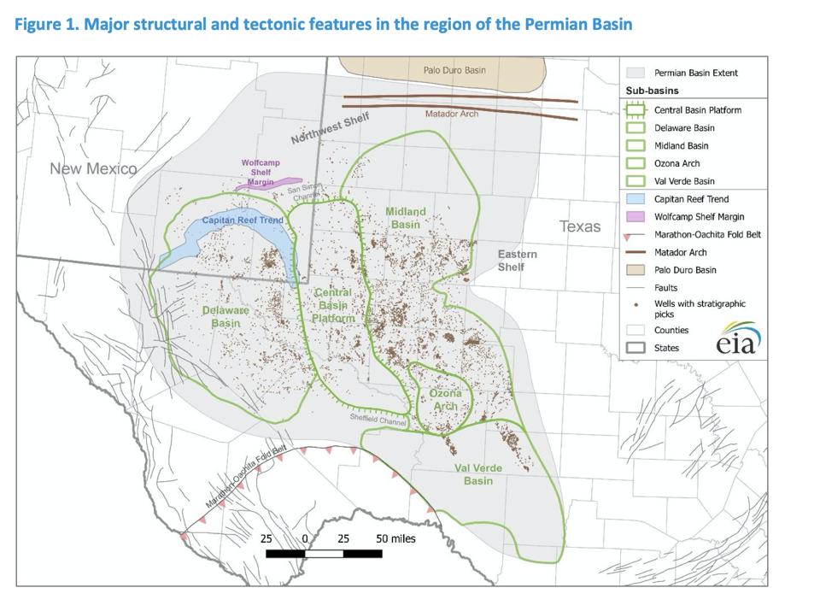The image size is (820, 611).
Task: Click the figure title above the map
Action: point(324,24)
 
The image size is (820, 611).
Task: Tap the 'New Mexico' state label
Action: point(93,168)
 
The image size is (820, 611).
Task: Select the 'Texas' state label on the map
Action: point(580,226)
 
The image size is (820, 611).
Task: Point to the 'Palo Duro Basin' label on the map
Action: point(454,70)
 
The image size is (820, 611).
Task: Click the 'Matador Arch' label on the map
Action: point(452,114)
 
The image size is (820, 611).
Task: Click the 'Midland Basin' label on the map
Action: point(406,218)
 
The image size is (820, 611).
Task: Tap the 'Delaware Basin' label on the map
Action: point(225,316)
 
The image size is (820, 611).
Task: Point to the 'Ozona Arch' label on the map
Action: point(445,399)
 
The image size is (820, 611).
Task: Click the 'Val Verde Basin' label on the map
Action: point(478,474)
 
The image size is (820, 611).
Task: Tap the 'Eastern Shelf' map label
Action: point(518,261)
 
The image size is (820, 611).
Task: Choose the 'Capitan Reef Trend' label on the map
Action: point(243,220)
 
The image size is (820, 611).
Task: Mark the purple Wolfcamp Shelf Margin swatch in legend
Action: point(635,217)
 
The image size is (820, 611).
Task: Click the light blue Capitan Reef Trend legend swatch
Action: point(635,199)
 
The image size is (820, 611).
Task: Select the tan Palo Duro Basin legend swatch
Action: point(635,270)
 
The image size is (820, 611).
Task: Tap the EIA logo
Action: point(739,339)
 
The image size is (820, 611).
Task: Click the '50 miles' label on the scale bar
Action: point(395,538)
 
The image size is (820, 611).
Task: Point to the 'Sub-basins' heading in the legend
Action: point(652,90)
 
